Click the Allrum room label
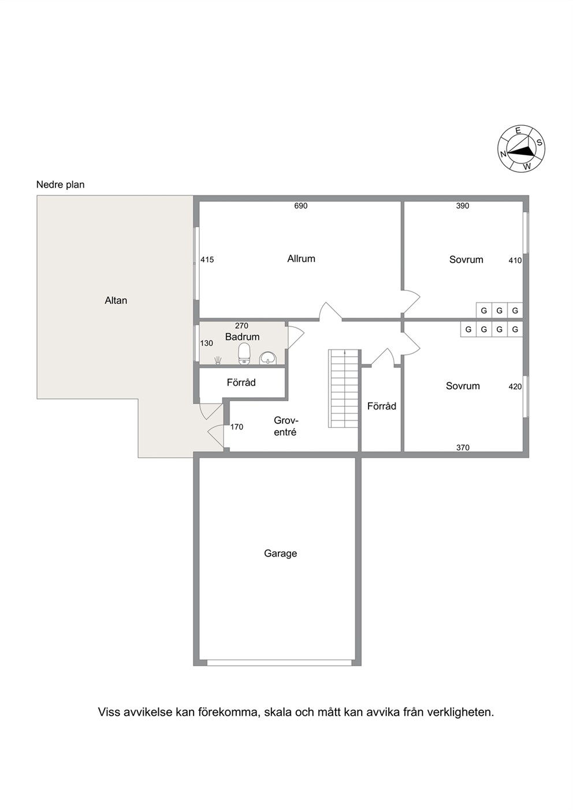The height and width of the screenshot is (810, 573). tap(301, 259)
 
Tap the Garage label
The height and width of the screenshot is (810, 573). tap(280, 554)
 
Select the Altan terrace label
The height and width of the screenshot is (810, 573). tap(116, 300)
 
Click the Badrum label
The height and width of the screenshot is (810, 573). tap(242, 337)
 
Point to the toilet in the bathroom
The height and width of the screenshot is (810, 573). tap(244, 353)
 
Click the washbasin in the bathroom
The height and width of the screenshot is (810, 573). tap(267, 358)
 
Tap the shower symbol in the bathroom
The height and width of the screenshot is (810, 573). tap(218, 360)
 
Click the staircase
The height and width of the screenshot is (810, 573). tap(344, 389)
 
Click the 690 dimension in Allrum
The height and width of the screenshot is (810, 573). tap(300, 206)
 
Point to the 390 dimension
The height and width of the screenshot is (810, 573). tap(462, 206)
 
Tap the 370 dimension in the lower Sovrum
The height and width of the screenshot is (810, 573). tap(463, 447)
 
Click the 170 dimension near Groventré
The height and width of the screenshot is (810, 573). tap(237, 427)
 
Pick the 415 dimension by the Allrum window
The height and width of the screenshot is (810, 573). tap(207, 260)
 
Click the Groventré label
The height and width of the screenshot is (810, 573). tap(285, 426)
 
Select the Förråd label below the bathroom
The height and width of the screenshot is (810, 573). tap(241, 383)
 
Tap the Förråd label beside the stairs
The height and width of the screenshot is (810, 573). tap(382, 406)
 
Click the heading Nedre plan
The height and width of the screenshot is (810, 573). tap(61, 185)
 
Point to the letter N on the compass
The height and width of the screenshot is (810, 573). tap(503, 154)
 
